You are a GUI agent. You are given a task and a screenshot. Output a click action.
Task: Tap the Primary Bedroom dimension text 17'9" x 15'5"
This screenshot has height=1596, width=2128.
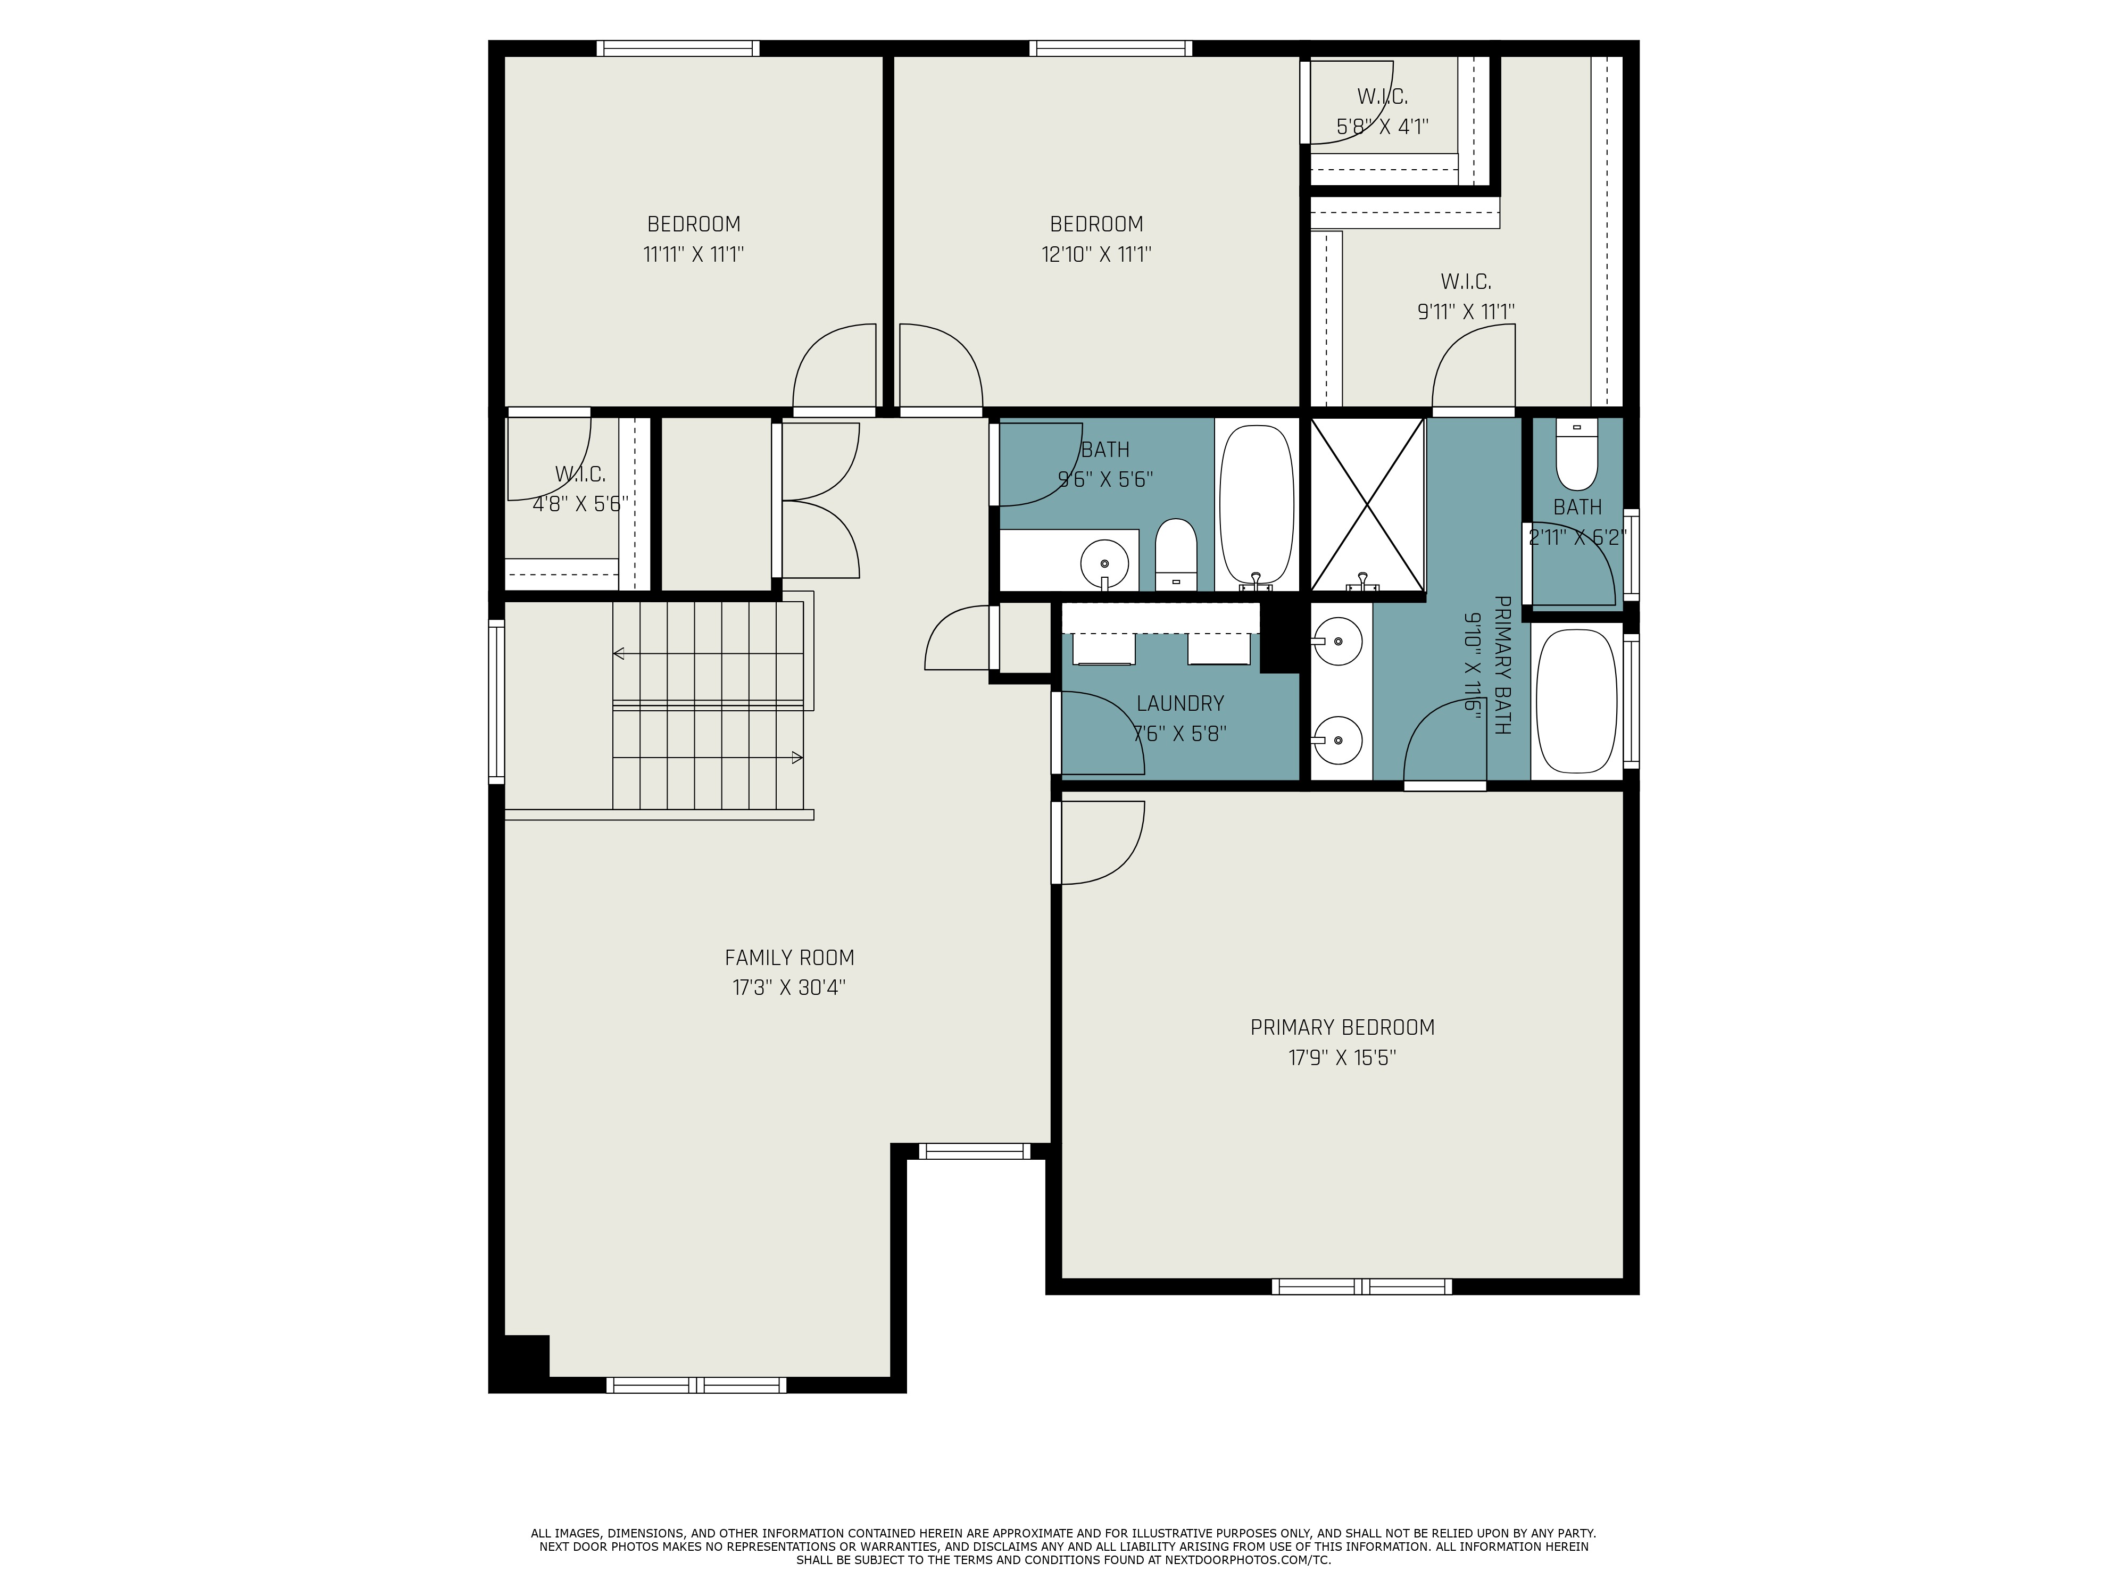coord(1342,1058)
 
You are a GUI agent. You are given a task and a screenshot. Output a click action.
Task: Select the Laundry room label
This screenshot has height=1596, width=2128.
coord(1181,703)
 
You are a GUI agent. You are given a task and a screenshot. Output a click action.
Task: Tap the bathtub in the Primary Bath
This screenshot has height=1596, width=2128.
coord(1577,701)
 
